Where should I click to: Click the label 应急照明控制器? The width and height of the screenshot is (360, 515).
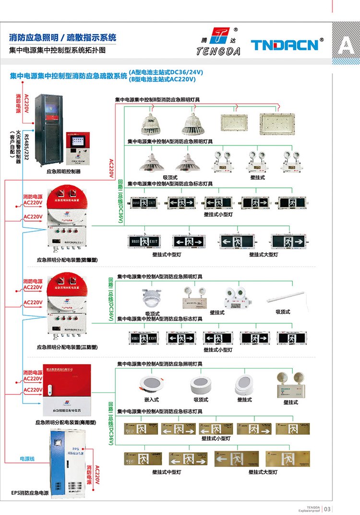[63, 171]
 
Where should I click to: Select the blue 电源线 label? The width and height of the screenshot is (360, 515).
[27, 458]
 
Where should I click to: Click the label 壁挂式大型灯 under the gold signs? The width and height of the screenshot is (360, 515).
[263, 472]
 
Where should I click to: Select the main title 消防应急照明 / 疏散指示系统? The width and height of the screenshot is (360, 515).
[62, 38]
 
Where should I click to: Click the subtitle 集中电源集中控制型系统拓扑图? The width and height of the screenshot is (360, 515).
[57, 50]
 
